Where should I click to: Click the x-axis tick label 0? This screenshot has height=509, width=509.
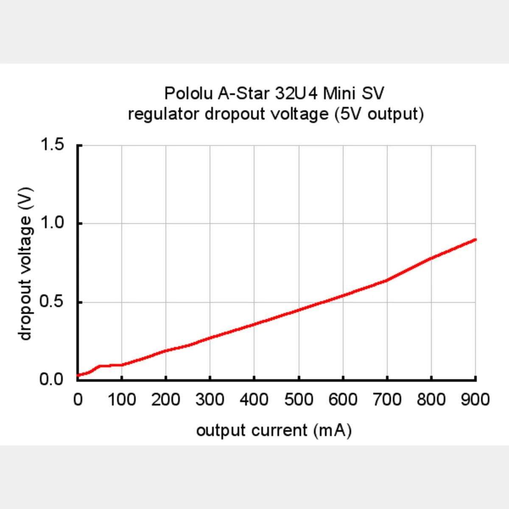click(x=78, y=400)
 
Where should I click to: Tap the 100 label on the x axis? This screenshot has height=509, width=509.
click(x=122, y=400)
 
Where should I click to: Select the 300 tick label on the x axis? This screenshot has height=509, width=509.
click(x=210, y=400)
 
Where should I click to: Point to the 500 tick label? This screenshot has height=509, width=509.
click(x=299, y=400)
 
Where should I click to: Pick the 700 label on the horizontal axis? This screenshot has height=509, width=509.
click(x=387, y=400)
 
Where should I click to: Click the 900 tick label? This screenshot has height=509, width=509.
click(x=475, y=400)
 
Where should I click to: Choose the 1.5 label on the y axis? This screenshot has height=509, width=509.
click(x=52, y=145)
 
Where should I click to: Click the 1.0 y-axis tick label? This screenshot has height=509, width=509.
click(x=52, y=223)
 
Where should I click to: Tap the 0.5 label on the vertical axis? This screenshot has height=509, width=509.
click(x=52, y=302)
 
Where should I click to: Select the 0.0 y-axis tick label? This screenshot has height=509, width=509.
click(x=52, y=379)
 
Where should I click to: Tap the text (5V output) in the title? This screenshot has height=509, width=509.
click(x=379, y=114)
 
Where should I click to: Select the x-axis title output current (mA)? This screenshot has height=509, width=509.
click(x=274, y=431)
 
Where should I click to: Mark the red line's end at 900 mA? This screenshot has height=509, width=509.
click(x=475, y=239)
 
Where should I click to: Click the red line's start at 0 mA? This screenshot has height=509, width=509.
click(x=78, y=375)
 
